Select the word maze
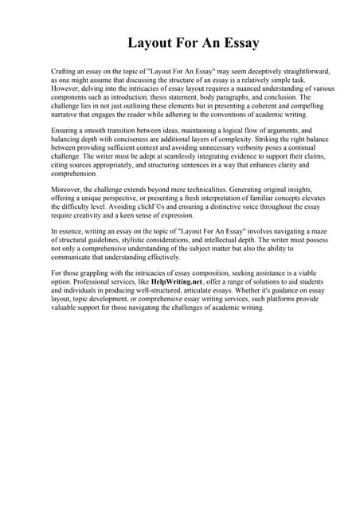(x=319, y=231)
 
